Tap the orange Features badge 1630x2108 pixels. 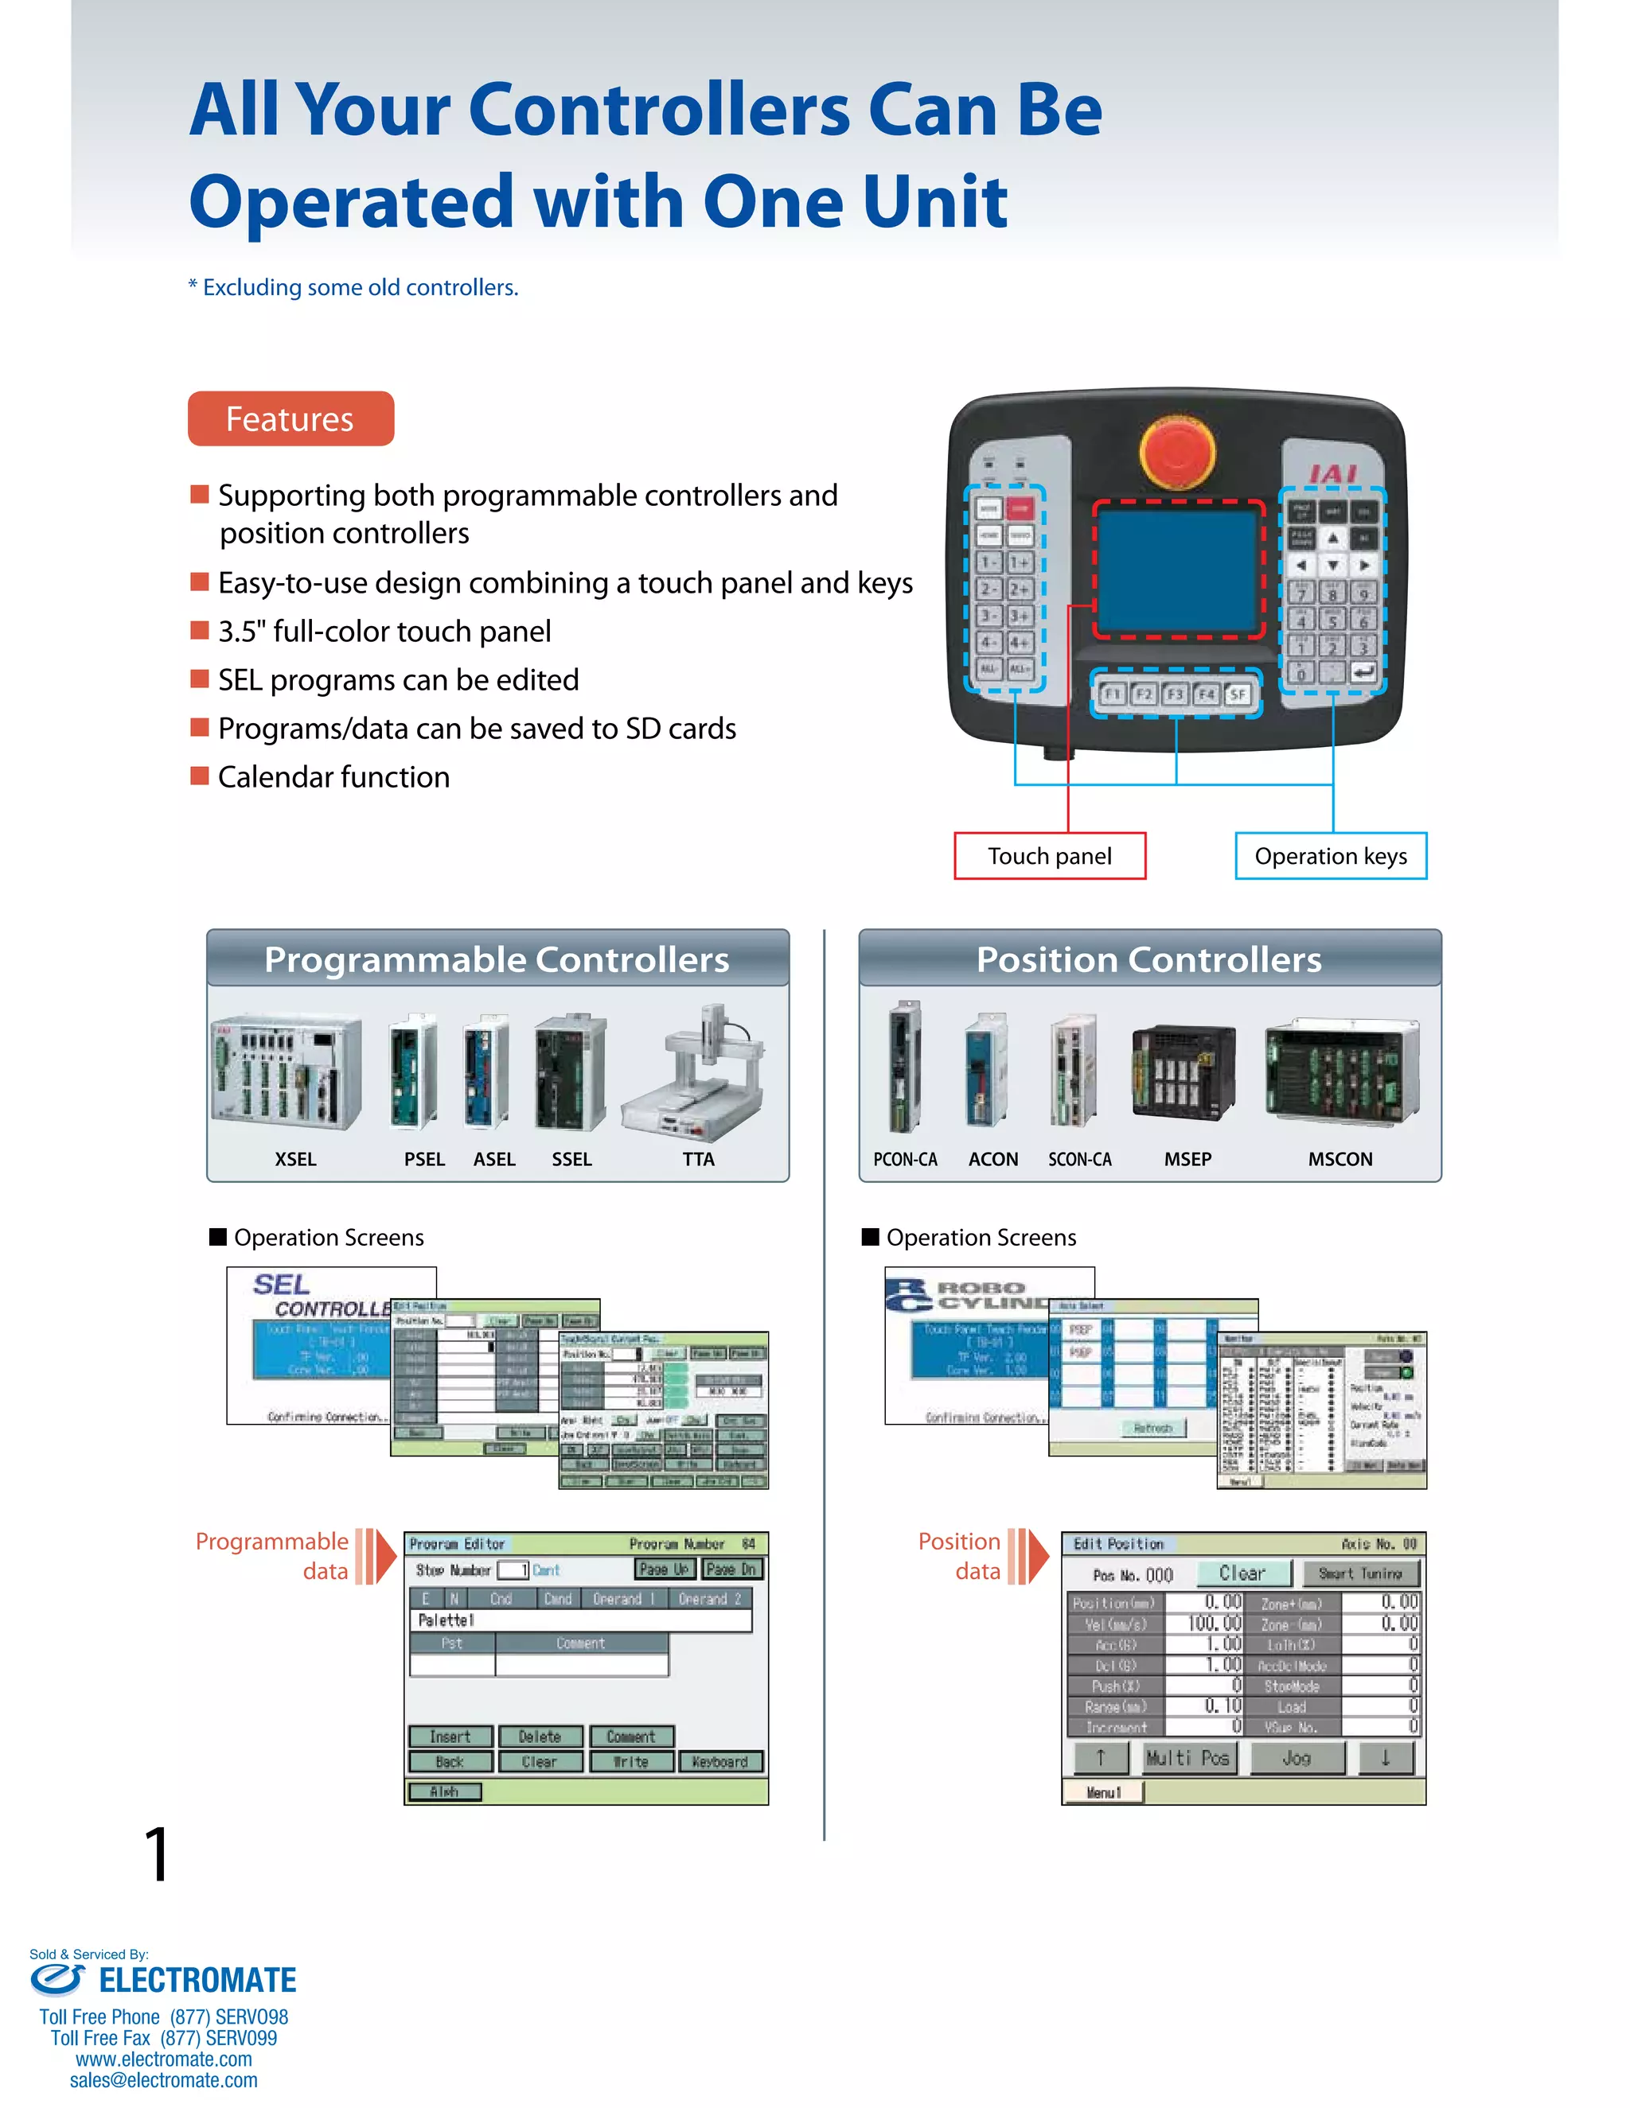click(x=291, y=419)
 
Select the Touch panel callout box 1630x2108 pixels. click(x=1050, y=856)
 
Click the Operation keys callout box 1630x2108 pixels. click(x=1330, y=856)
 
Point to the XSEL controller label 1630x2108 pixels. click(x=294, y=1159)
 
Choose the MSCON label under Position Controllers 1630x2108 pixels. click(x=1339, y=1159)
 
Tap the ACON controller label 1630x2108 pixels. click(x=992, y=1159)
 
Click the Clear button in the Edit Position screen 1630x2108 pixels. click(x=1242, y=1573)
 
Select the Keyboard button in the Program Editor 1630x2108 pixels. click(x=720, y=1761)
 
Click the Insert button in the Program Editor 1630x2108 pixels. click(x=450, y=1737)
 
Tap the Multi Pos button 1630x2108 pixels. click(x=1187, y=1759)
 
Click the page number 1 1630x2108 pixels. click(x=158, y=1854)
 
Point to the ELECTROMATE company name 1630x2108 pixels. click(x=198, y=1981)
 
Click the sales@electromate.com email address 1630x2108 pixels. click(x=163, y=2080)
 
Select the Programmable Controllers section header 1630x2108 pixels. click(x=497, y=959)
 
